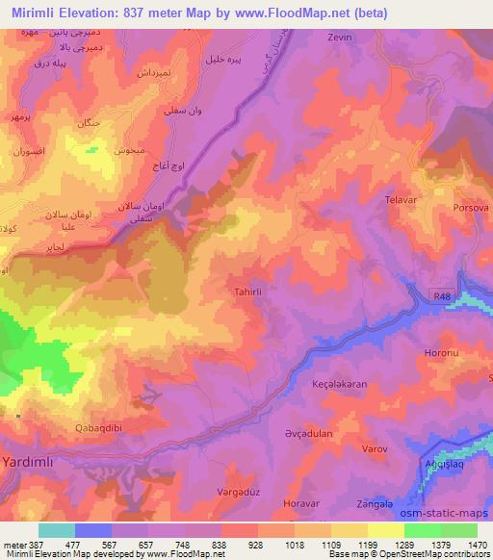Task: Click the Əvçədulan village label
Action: coord(308,433)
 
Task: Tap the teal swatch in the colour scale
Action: coord(56,530)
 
